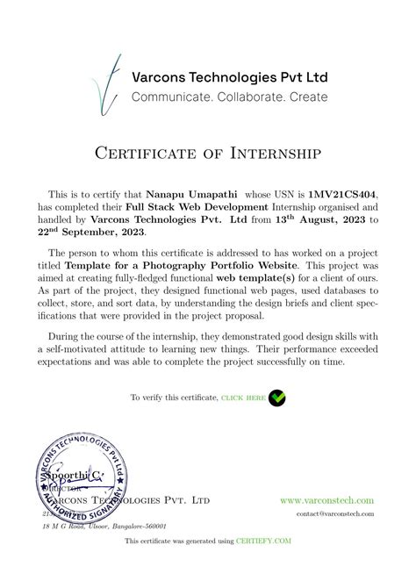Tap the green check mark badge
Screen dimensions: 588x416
click(x=276, y=398)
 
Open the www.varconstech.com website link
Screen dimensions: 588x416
click(x=327, y=499)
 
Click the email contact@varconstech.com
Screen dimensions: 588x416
click(x=335, y=513)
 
